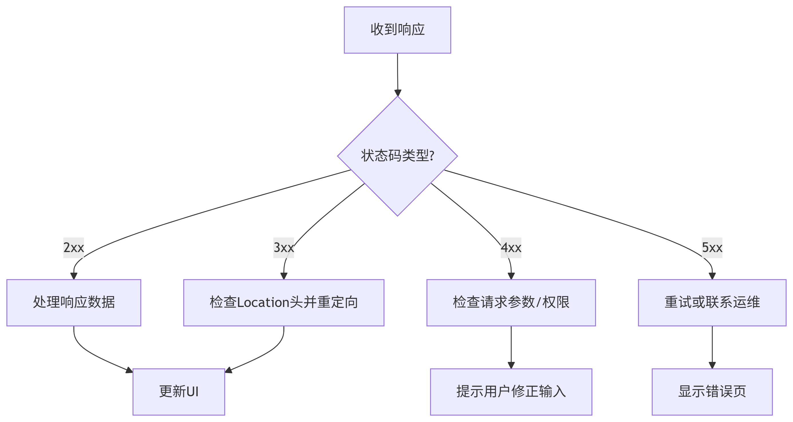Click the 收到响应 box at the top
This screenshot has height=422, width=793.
(x=397, y=30)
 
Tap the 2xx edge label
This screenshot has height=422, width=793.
(x=74, y=247)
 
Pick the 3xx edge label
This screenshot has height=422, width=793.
(x=283, y=247)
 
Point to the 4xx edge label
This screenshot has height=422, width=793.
(x=511, y=247)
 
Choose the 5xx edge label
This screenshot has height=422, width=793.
(x=712, y=247)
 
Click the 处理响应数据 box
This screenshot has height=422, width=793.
(x=74, y=302)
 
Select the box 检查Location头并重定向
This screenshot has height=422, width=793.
(x=283, y=302)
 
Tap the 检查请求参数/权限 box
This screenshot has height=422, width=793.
(x=511, y=302)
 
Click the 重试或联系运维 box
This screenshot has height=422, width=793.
(x=712, y=302)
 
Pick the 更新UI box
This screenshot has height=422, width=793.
(x=179, y=392)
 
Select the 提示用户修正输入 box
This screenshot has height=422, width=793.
(x=511, y=392)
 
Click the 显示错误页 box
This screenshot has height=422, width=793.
(x=712, y=392)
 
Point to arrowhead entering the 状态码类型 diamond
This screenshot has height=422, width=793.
(x=398, y=93)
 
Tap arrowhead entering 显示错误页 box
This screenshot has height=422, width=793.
(x=712, y=365)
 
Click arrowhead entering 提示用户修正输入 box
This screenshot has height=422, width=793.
(x=511, y=365)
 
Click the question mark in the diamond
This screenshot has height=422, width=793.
(x=432, y=156)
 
